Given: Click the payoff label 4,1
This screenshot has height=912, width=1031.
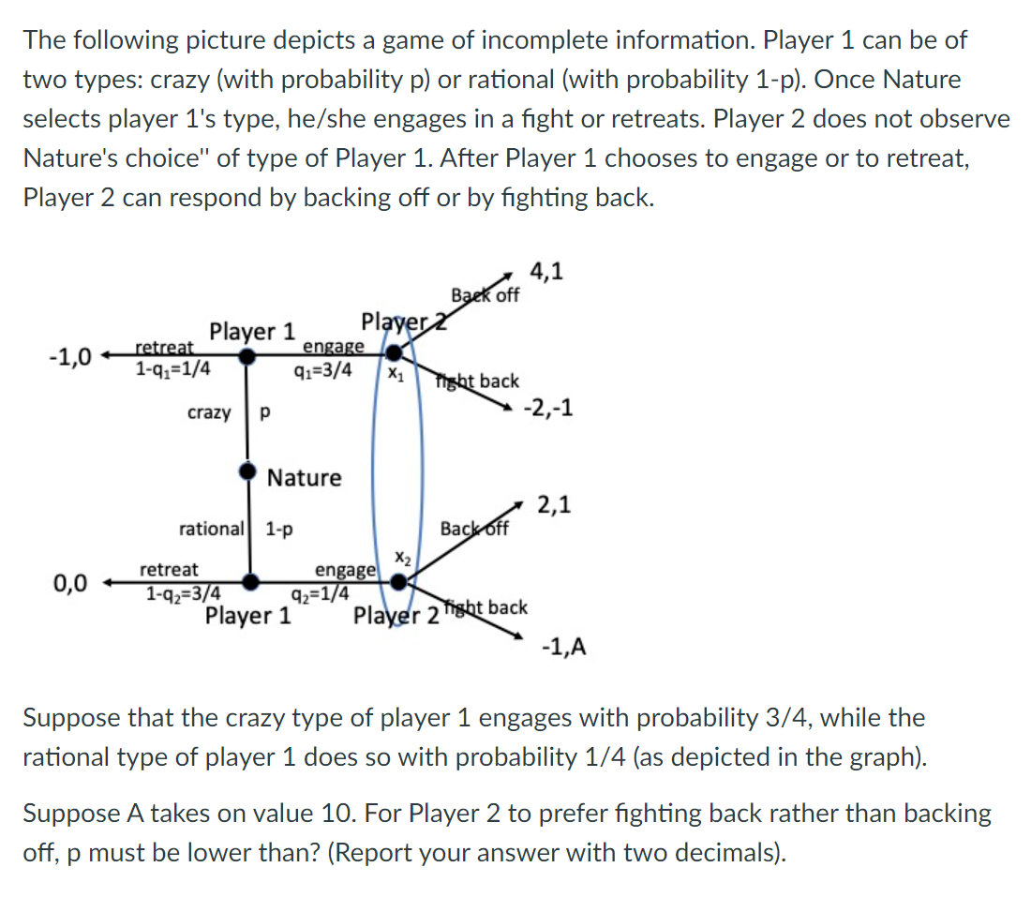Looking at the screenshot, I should (546, 273).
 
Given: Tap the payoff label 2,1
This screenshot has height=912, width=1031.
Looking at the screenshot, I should (553, 507).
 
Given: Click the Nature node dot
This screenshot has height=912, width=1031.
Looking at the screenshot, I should (247, 471).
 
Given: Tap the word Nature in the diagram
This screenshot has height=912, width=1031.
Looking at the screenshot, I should (305, 478).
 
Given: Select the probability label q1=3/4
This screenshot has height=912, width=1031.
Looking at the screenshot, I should (323, 368).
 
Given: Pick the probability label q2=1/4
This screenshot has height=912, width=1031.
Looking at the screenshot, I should (321, 593).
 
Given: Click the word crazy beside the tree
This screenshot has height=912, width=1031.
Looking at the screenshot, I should (209, 412).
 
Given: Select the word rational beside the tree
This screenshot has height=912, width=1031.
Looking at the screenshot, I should (211, 529).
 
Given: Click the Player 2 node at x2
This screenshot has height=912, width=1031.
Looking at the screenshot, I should (398, 582).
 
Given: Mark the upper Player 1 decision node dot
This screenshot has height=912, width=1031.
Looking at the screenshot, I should (247, 356).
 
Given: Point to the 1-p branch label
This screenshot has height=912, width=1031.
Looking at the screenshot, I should (279, 529).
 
